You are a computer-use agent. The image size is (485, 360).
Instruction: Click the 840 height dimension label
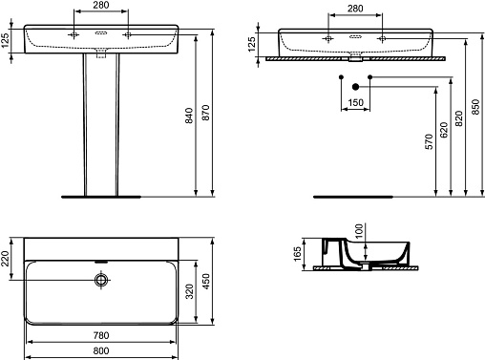(189, 116)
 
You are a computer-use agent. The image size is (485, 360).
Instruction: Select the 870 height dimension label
(206, 113)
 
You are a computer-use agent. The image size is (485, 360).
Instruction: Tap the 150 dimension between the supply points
(355, 102)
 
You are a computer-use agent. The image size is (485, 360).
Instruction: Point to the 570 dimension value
(430, 141)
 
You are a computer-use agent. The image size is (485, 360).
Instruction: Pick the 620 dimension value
(444, 130)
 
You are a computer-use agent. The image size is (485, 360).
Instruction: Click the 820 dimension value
(459, 118)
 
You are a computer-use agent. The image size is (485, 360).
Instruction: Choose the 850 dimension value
(475, 107)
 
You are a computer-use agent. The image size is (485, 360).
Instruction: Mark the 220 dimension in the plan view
(5, 259)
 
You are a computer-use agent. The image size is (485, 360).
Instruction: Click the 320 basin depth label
(189, 291)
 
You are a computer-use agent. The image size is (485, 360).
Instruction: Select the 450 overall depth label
(206, 282)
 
